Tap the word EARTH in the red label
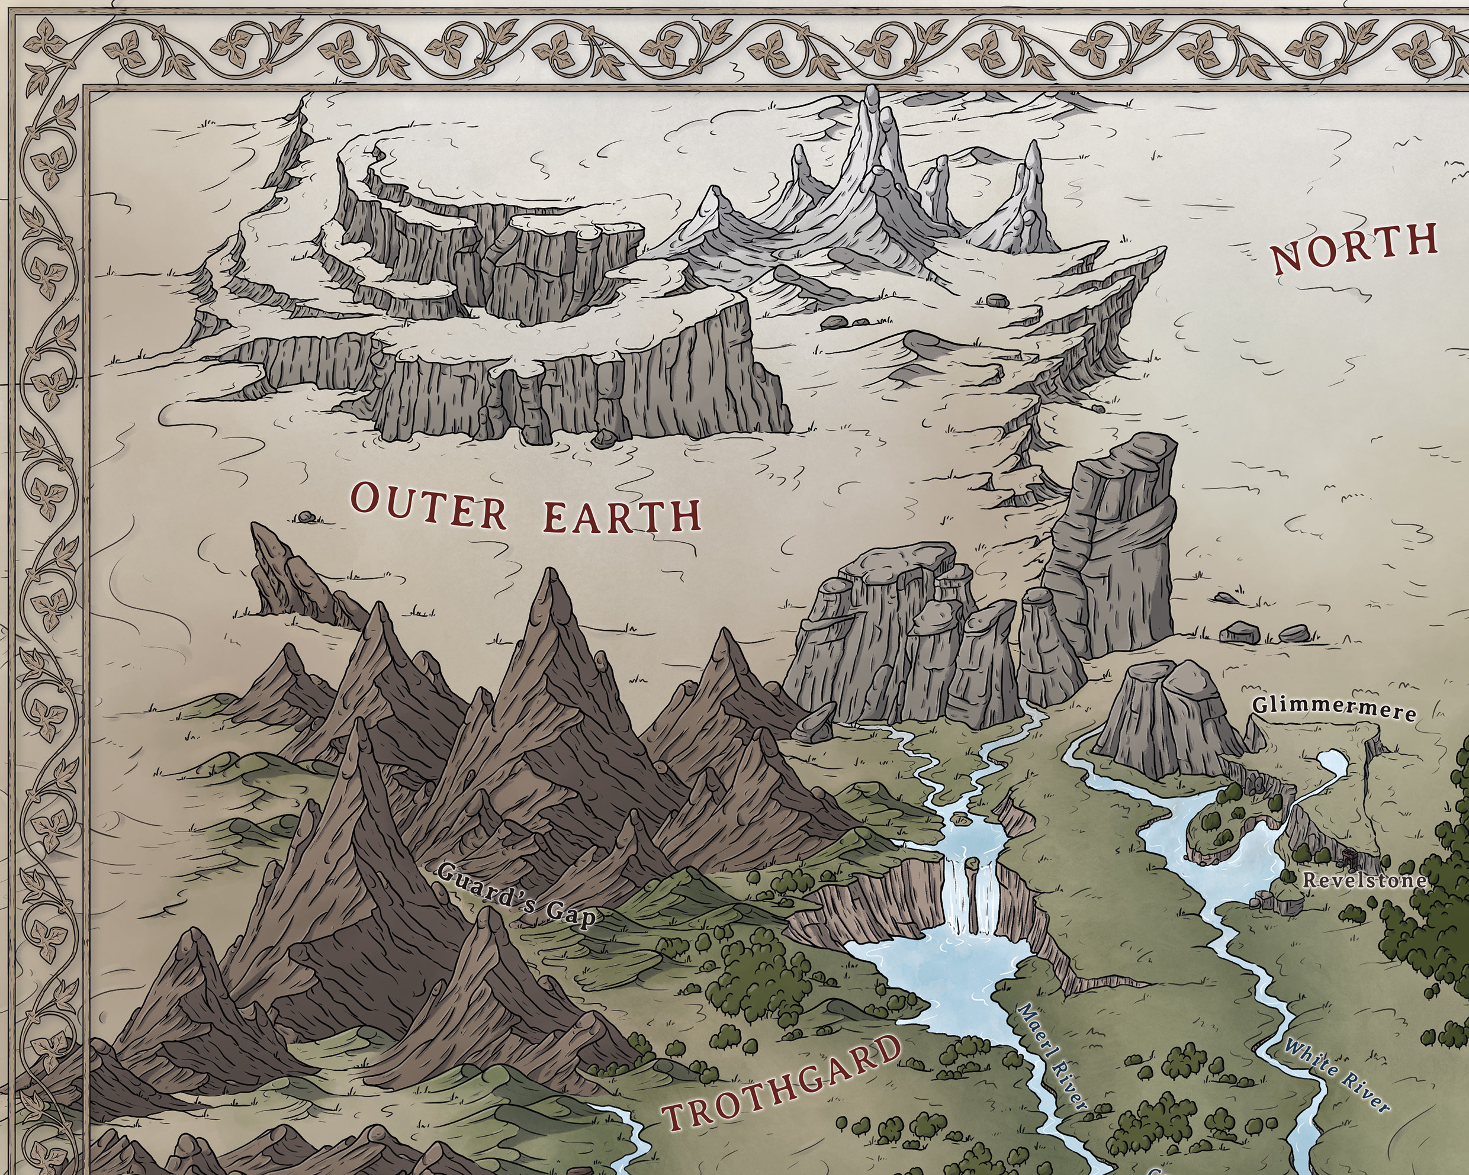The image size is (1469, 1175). coord(621,516)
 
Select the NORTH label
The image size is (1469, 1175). coord(1355,247)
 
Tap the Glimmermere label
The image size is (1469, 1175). coord(1334,709)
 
